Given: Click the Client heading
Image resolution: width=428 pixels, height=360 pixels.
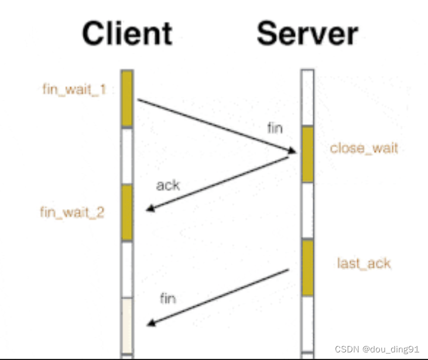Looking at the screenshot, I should click(x=127, y=33).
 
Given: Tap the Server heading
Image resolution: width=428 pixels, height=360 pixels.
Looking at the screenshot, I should click(x=307, y=33).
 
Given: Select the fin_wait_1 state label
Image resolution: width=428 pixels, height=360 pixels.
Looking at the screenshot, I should click(x=74, y=90).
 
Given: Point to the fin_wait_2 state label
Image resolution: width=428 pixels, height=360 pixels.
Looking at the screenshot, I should click(x=72, y=211).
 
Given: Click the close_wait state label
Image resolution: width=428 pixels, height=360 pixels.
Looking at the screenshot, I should click(x=364, y=148).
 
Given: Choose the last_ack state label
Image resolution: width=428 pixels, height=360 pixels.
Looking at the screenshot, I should click(x=364, y=263).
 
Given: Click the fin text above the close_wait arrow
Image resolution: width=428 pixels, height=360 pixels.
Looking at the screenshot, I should click(x=275, y=129).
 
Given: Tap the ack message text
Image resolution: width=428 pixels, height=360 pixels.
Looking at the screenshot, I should click(x=168, y=186).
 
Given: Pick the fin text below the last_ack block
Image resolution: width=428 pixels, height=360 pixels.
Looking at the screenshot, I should click(x=168, y=299).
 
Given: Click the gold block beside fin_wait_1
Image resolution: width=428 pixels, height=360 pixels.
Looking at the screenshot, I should click(x=127, y=98).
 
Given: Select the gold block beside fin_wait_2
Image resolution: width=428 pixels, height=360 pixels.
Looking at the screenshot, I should click(x=127, y=212).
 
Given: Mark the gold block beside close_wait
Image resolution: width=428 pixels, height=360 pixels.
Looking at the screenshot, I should click(x=307, y=154).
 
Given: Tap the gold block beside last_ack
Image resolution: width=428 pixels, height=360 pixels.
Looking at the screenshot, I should click(x=307, y=268).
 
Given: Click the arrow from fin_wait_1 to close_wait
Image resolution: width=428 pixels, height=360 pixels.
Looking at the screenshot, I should click(x=217, y=126).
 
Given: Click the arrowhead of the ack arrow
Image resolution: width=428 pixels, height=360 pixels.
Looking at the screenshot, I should click(x=149, y=209).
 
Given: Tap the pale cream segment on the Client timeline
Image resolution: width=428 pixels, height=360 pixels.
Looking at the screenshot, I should click(x=127, y=325).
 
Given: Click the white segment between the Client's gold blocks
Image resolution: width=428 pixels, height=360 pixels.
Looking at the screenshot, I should click(x=127, y=156).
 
